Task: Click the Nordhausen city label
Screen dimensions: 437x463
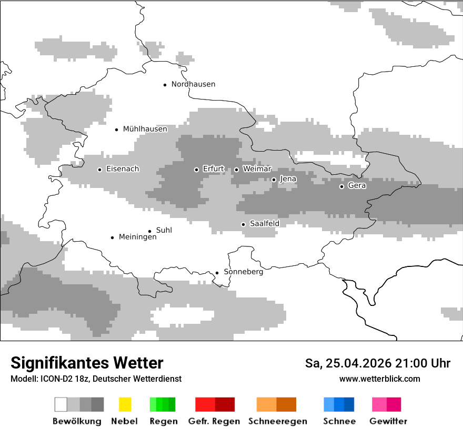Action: pyautogui.click(x=193, y=84)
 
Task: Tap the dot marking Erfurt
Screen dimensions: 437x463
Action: pyautogui.click(x=196, y=170)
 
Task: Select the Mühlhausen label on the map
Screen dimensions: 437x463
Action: pyautogui.click(x=145, y=129)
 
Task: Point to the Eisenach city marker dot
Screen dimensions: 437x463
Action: pyautogui.click(x=99, y=170)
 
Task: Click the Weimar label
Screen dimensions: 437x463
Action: pyautogui.click(x=257, y=169)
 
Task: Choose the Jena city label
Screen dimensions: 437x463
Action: pyautogui.click(x=288, y=179)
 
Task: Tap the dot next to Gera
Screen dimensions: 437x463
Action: pyautogui.click(x=341, y=186)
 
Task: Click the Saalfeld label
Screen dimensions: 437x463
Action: pyautogui.click(x=264, y=224)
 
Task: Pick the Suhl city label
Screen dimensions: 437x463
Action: pyautogui.click(x=164, y=230)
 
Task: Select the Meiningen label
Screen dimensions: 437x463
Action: pyautogui.click(x=138, y=237)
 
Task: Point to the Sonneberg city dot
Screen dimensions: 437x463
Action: pyautogui.click(x=217, y=273)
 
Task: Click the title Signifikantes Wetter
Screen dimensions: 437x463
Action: pyautogui.click(x=87, y=363)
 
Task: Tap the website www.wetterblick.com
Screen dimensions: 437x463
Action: pyautogui.click(x=379, y=379)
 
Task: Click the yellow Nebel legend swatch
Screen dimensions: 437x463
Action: pyautogui.click(x=125, y=404)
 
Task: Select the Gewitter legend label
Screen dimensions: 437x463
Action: pyautogui.click(x=388, y=421)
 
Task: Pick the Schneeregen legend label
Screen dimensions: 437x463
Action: pyautogui.click(x=278, y=421)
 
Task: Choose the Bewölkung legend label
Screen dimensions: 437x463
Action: pyautogui.click(x=77, y=421)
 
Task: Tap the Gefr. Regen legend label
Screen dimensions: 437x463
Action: pyautogui.click(x=214, y=421)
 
